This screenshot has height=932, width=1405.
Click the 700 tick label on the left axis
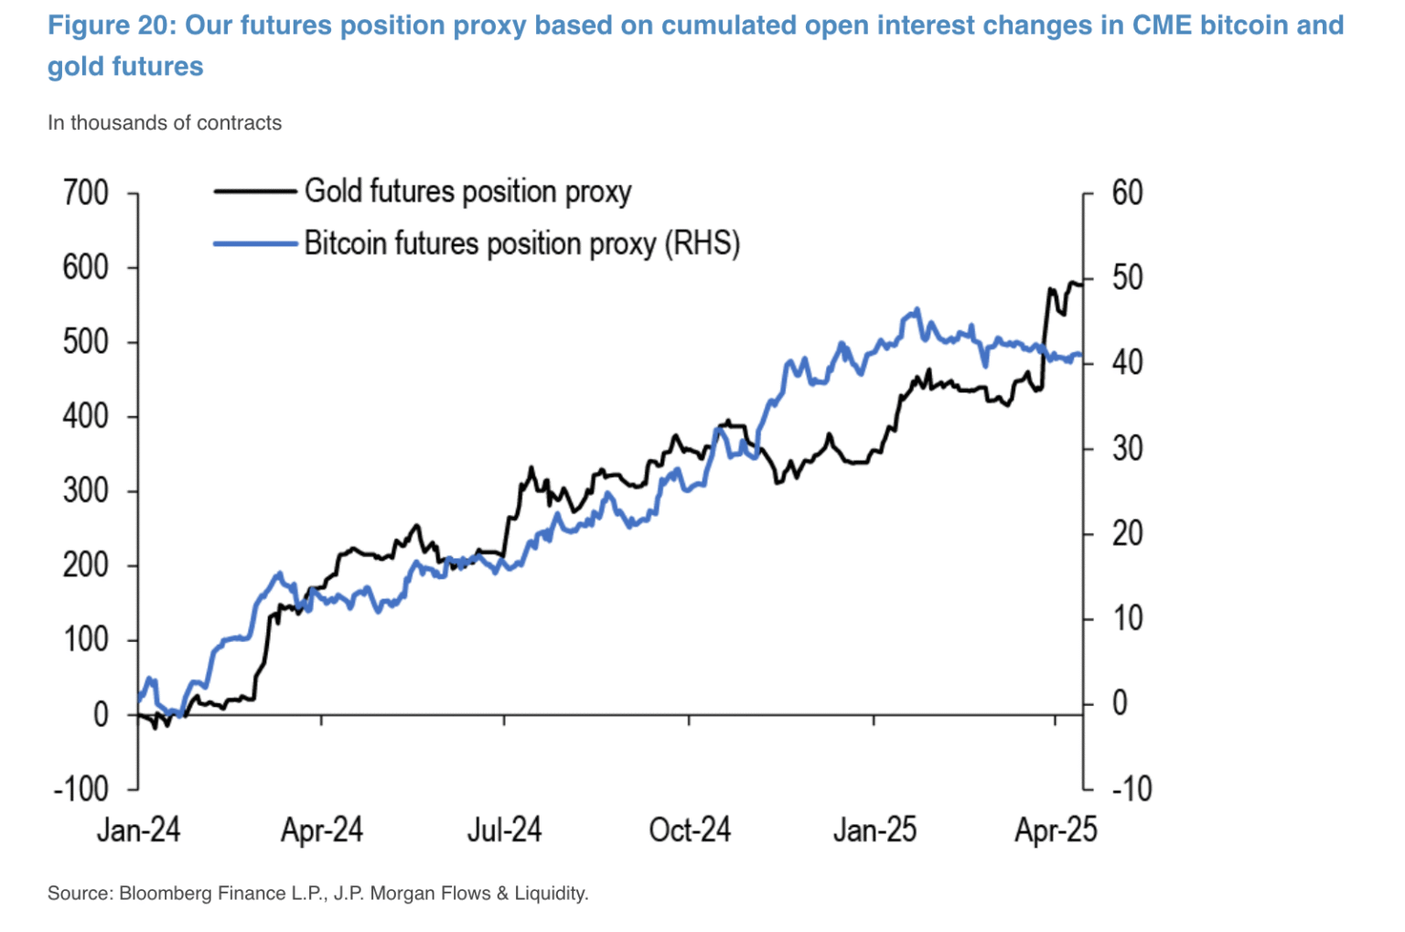(85, 193)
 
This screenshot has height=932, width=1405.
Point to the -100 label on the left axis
(80, 788)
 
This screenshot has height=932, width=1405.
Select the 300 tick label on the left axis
(85, 491)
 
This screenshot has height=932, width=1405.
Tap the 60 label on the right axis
(1127, 193)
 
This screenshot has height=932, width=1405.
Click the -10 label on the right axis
(1131, 788)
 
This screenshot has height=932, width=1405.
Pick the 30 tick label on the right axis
(1127, 448)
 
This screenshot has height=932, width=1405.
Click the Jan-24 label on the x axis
(138, 830)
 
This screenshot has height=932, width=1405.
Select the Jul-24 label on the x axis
(504, 830)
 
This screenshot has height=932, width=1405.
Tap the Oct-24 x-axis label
(690, 830)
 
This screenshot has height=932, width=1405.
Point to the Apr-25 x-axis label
(1056, 830)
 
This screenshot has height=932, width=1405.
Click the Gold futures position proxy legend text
(467, 192)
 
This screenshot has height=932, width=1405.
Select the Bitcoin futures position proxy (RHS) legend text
(521, 244)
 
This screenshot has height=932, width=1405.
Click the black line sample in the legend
(255, 192)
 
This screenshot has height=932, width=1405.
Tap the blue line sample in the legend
(255, 244)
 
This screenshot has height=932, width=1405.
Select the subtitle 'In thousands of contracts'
(165, 123)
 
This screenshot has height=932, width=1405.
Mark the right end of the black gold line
(1081, 284)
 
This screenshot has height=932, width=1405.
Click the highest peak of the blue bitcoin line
(917, 310)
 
